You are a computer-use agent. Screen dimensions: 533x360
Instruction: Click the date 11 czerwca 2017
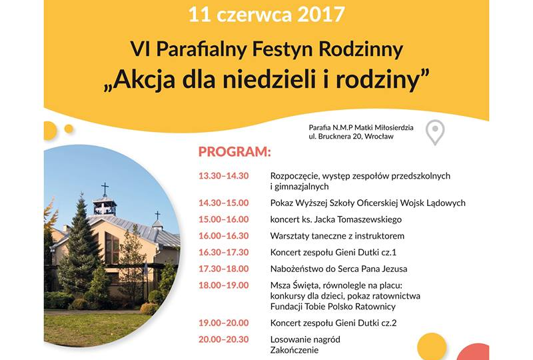coord(266,15)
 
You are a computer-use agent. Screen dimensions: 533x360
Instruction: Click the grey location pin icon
coord(435,133)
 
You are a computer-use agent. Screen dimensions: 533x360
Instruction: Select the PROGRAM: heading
coord(235,152)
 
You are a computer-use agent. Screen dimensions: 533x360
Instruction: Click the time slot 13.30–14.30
coord(224,176)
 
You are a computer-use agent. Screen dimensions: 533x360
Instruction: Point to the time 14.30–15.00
coord(224,203)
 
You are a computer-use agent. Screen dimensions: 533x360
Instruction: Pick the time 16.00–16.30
coord(224,236)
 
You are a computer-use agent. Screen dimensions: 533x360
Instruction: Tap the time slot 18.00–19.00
coord(224,285)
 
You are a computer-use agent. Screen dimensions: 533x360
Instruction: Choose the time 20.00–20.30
coord(224,339)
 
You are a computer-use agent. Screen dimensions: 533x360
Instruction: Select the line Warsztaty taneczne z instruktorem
coord(337,236)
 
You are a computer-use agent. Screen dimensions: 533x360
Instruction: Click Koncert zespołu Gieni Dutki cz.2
coord(334,323)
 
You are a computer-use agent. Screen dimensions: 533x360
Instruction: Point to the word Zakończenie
coord(294,350)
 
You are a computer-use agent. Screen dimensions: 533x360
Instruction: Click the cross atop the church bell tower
coord(105,189)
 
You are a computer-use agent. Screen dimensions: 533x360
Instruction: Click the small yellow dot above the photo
coord(69,129)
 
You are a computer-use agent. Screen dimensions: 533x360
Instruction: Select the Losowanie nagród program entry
coord(305,339)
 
